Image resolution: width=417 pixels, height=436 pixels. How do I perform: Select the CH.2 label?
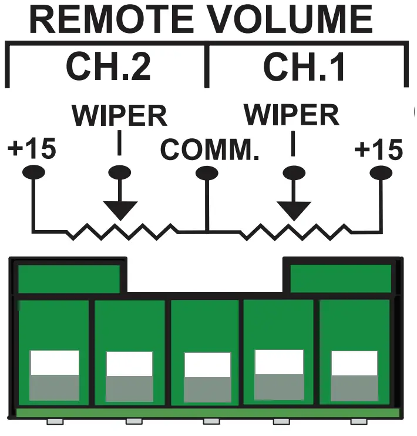pos(108,67)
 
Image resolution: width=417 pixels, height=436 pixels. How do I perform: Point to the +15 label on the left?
pos(32,150)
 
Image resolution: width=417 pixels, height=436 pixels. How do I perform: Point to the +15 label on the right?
pos(379,151)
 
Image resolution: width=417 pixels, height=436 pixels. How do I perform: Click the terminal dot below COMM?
pos(206,172)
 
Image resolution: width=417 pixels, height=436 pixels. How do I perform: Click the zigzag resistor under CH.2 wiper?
pos(120,232)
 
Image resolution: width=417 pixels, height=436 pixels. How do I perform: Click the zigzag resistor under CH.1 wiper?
pos(293,232)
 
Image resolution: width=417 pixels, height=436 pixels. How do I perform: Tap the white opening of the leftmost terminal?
pos(54,363)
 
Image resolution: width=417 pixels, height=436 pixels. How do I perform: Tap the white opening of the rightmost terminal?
pos(354,363)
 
